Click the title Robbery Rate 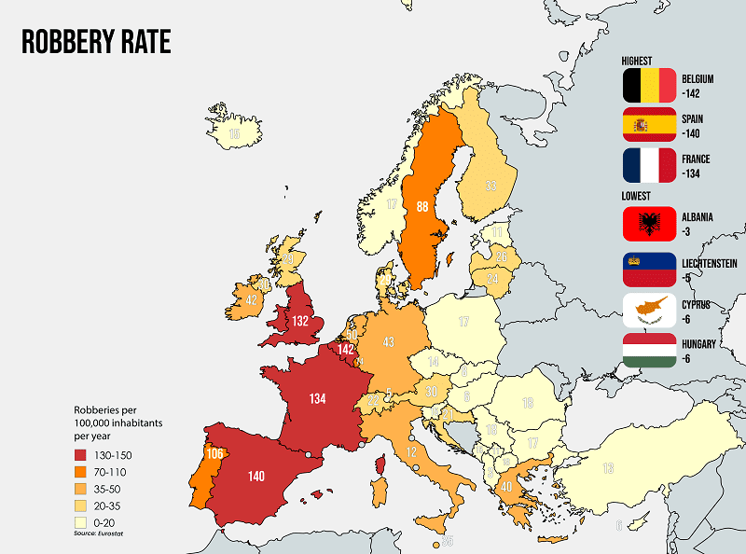tap(95, 42)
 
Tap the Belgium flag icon tap(649, 85)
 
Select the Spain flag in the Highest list tap(649, 125)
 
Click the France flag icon tap(649, 165)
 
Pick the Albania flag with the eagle tap(649, 223)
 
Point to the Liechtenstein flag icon tap(649, 269)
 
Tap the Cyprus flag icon tap(649, 311)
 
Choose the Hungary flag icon tap(649, 350)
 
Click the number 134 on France tap(318, 398)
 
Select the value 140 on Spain tap(256, 475)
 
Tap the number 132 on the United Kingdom tap(299, 320)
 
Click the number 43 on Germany tap(389, 341)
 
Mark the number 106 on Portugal tap(214, 453)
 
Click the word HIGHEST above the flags tap(637, 61)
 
